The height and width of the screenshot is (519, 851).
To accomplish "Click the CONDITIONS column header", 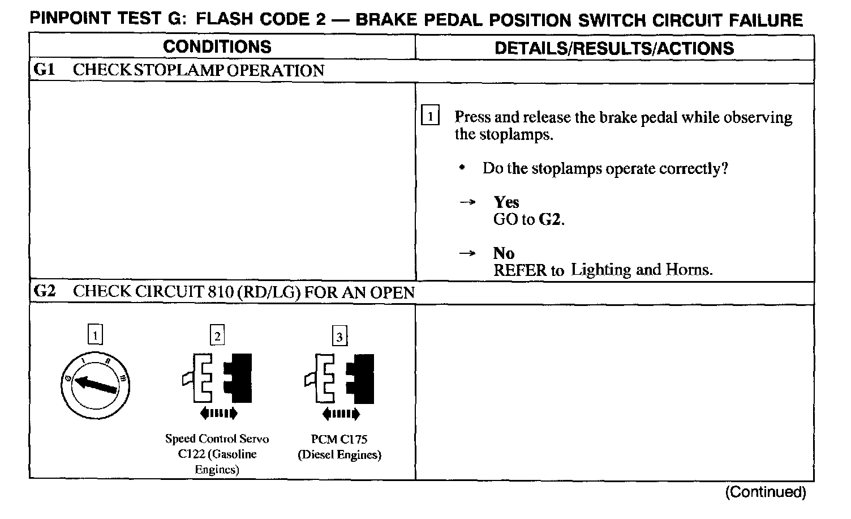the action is coord(217,47).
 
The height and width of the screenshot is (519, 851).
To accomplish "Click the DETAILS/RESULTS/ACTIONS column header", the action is coord(614,48).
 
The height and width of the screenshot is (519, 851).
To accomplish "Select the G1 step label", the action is coord(44,70).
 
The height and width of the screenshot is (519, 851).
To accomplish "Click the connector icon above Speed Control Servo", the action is coord(217,377).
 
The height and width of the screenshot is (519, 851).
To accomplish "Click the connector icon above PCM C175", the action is coord(339,377).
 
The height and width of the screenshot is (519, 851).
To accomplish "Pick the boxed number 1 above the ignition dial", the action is coord(95,335).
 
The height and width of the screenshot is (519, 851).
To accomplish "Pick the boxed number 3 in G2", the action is coord(339,337).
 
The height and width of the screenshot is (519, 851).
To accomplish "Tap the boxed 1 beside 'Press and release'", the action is coord(430,117).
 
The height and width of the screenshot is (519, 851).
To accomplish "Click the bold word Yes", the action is coord(506,202).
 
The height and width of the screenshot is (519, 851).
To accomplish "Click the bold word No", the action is coord(503,253).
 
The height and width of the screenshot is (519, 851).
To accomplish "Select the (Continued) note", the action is coord(765,492).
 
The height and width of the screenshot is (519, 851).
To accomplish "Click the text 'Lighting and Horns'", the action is coord(641,269).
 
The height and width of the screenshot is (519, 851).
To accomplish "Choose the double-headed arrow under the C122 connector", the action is coord(218,414).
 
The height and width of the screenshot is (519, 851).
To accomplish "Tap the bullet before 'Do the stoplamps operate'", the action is coord(463,168).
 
